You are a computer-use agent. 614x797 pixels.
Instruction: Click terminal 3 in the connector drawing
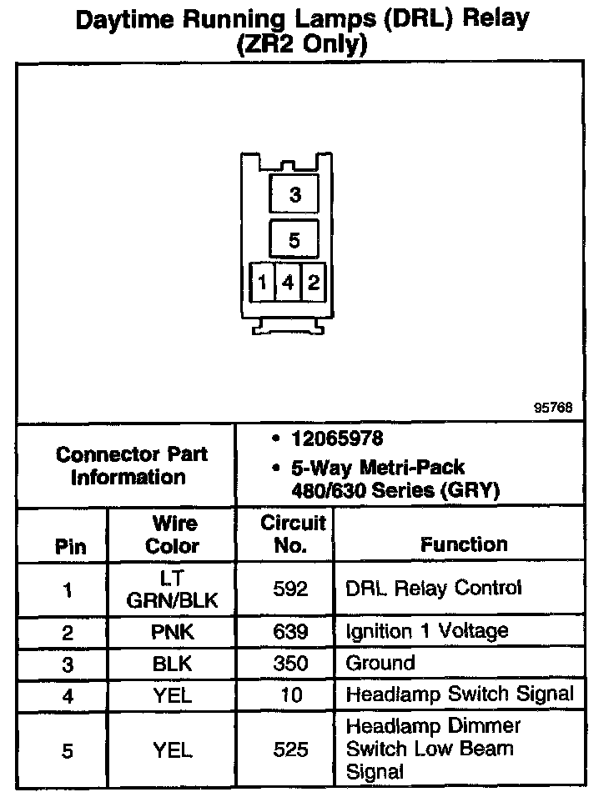pyautogui.click(x=294, y=195)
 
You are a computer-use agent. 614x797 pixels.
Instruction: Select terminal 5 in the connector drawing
pyautogui.click(x=294, y=240)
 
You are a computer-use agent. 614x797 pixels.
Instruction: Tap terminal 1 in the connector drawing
pyautogui.click(x=262, y=283)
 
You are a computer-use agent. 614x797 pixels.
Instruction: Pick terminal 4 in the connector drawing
pyautogui.click(x=288, y=283)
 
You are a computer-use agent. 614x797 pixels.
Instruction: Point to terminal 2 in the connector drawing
pyautogui.click(x=313, y=283)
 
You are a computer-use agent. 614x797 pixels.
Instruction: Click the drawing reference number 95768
pyautogui.click(x=553, y=409)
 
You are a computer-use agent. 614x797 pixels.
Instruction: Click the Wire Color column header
pyautogui.click(x=173, y=535)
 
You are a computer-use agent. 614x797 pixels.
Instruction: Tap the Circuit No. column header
pyautogui.click(x=292, y=534)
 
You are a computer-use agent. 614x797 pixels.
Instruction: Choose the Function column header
pyautogui.click(x=464, y=544)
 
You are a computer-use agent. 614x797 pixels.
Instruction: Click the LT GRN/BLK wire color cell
pyautogui.click(x=173, y=589)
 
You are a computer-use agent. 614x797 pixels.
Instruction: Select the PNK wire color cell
pyautogui.click(x=173, y=632)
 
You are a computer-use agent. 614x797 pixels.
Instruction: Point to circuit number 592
pyautogui.click(x=291, y=589)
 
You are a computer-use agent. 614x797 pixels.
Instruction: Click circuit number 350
pyautogui.click(x=291, y=664)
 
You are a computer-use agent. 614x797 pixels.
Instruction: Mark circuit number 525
pyautogui.click(x=291, y=750)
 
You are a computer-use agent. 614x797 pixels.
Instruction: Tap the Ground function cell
pyautogui.click(x=380, y=664)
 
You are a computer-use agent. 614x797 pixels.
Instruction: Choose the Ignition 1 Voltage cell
pyautogui.click(x=426, y=631)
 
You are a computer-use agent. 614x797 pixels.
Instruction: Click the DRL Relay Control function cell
pyautogui.click(x=433, y=589)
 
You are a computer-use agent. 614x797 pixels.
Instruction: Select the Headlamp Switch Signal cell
pyautogui.click(x=460, y=694)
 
